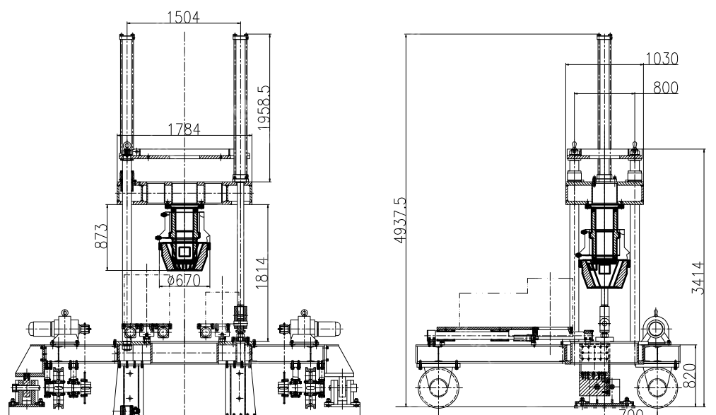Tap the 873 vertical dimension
click(x=100, y=236)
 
